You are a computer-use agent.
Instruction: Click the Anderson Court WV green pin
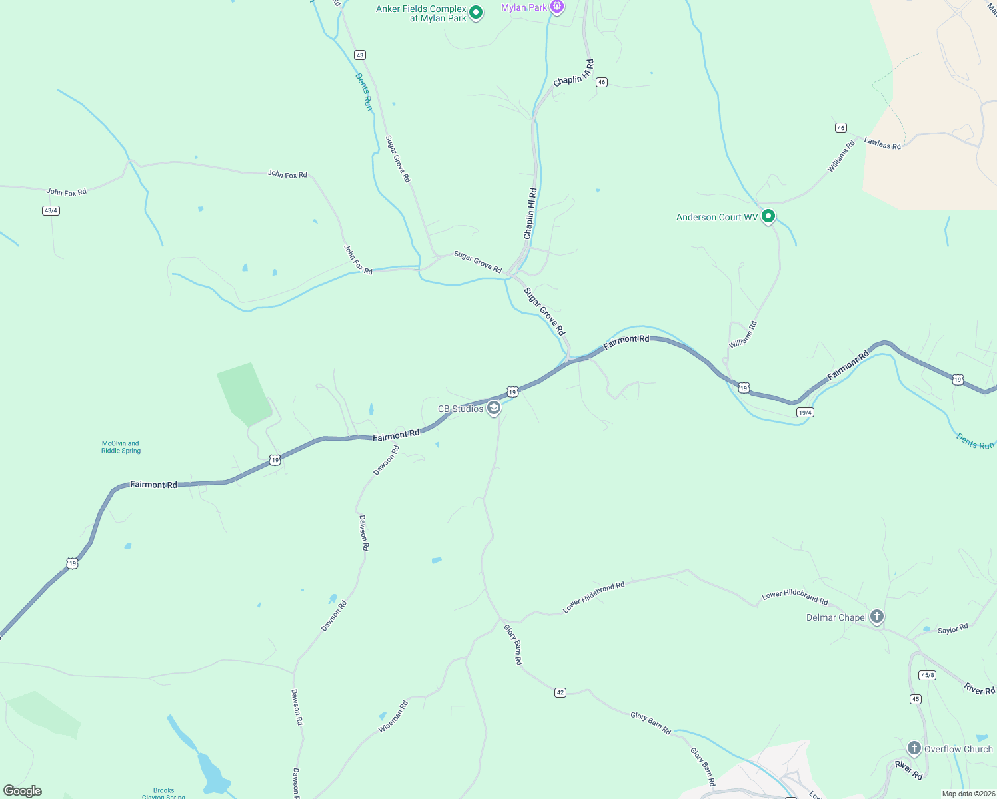click(768, 216)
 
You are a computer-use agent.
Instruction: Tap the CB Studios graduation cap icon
click(494, 407)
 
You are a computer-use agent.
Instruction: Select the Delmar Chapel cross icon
click(877, 617)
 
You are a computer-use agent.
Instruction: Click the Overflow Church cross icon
click(914, 748)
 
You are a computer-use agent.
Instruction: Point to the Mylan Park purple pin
click(557, 7)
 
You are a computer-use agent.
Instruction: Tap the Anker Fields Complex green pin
click(476, 13)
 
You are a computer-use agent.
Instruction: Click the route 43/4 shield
click(51, 210)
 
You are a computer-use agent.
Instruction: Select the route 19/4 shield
click(805, 413)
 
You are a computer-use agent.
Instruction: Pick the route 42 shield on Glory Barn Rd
click(560, 693)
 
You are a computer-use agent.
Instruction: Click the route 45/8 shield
click(927, 675)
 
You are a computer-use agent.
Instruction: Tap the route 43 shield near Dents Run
click(360, 55)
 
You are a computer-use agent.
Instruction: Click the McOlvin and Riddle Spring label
click(121, 447)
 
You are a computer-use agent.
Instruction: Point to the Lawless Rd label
click(882, 143)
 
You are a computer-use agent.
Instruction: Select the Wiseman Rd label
click(393, 717)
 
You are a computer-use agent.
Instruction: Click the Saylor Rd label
click(952, 629)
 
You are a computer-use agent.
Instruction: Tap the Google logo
click(23, 791)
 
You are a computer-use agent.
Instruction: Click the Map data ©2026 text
click(968, 794)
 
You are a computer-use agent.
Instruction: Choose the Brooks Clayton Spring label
click(163, 793)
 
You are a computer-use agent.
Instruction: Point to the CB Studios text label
click(461, 409)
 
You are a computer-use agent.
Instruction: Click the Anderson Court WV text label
click(717, 217)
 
